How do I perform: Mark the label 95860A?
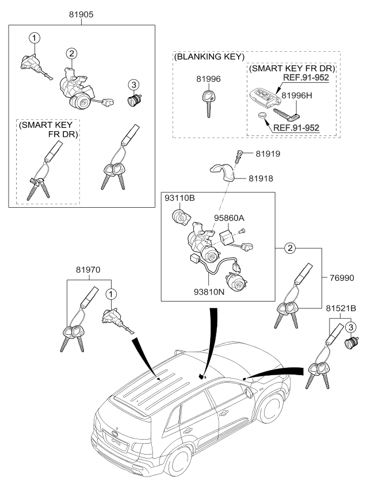pos(230,218)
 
